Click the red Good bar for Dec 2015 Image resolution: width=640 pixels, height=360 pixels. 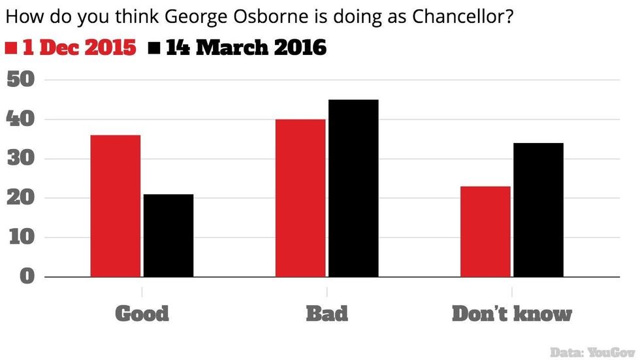tap(115, 206)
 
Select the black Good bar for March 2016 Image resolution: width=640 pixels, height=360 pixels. tap(168, 235)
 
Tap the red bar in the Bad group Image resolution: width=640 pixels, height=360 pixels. tap(300, 198)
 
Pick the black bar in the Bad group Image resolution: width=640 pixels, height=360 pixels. tap(353, 188)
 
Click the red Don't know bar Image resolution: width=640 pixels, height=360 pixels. tap(485, 231)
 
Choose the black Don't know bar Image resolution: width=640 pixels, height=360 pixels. tap(538, 210)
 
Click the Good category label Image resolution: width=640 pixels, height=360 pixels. tap(142, 314)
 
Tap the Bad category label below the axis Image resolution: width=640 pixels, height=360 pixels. tap(327, 314)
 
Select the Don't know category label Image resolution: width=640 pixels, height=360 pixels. tap(511, 314)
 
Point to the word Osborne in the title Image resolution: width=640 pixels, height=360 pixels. tap(238, 16)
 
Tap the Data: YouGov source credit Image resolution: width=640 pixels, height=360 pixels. tap(592, 352)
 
